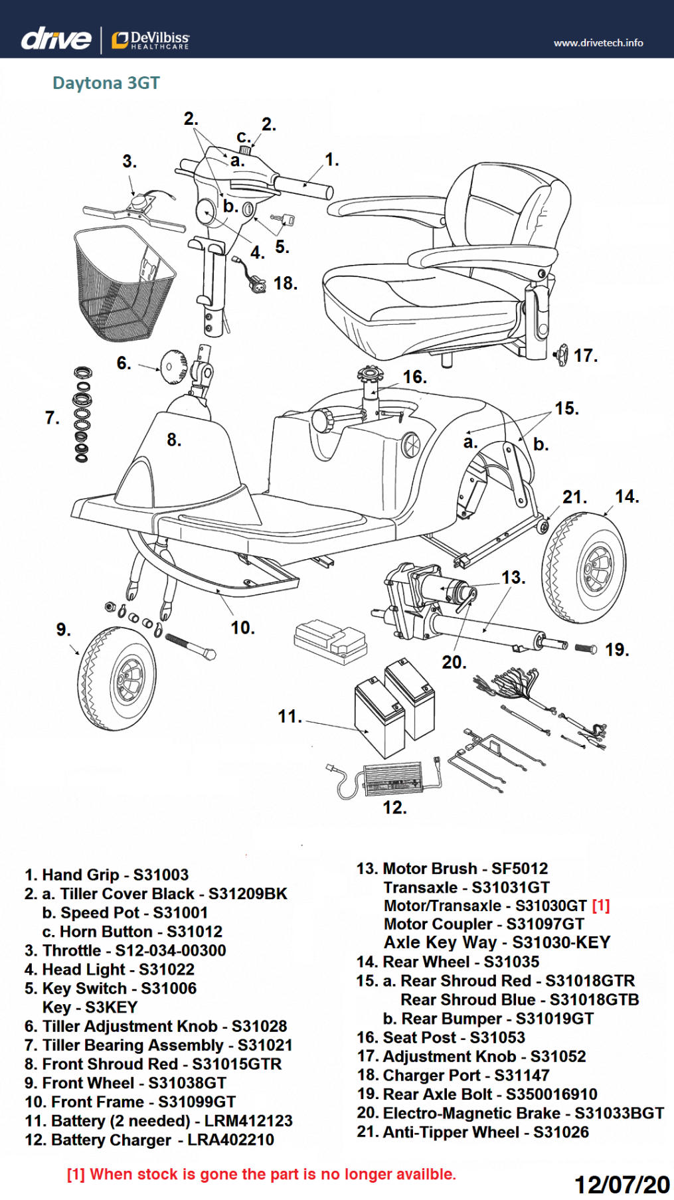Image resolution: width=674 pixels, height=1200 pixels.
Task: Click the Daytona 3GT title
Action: (106, 83)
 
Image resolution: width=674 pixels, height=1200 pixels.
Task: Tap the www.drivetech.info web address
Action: (598, 43)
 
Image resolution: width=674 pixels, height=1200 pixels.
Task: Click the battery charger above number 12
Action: (392, 778)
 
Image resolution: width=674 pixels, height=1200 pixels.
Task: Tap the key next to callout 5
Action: (284, 219)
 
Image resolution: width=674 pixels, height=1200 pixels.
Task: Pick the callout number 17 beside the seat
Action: (584, 356)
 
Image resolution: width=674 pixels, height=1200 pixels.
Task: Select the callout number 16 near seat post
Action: (414, 377)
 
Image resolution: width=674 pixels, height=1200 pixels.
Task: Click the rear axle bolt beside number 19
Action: (585, 648)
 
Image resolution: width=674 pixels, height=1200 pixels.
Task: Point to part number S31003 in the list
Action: (161, 875)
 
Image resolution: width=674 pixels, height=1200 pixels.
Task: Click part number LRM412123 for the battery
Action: (248, 1121)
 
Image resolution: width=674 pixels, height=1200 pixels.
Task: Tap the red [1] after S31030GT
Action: (600, 906)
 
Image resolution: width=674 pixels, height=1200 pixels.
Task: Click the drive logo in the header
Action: (56, 40)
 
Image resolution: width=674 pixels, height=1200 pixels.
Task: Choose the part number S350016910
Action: (551, 1094)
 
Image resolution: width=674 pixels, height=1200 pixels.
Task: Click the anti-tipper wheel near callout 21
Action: (543, 527)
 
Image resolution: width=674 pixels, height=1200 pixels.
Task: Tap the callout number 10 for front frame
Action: (242, 628)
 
